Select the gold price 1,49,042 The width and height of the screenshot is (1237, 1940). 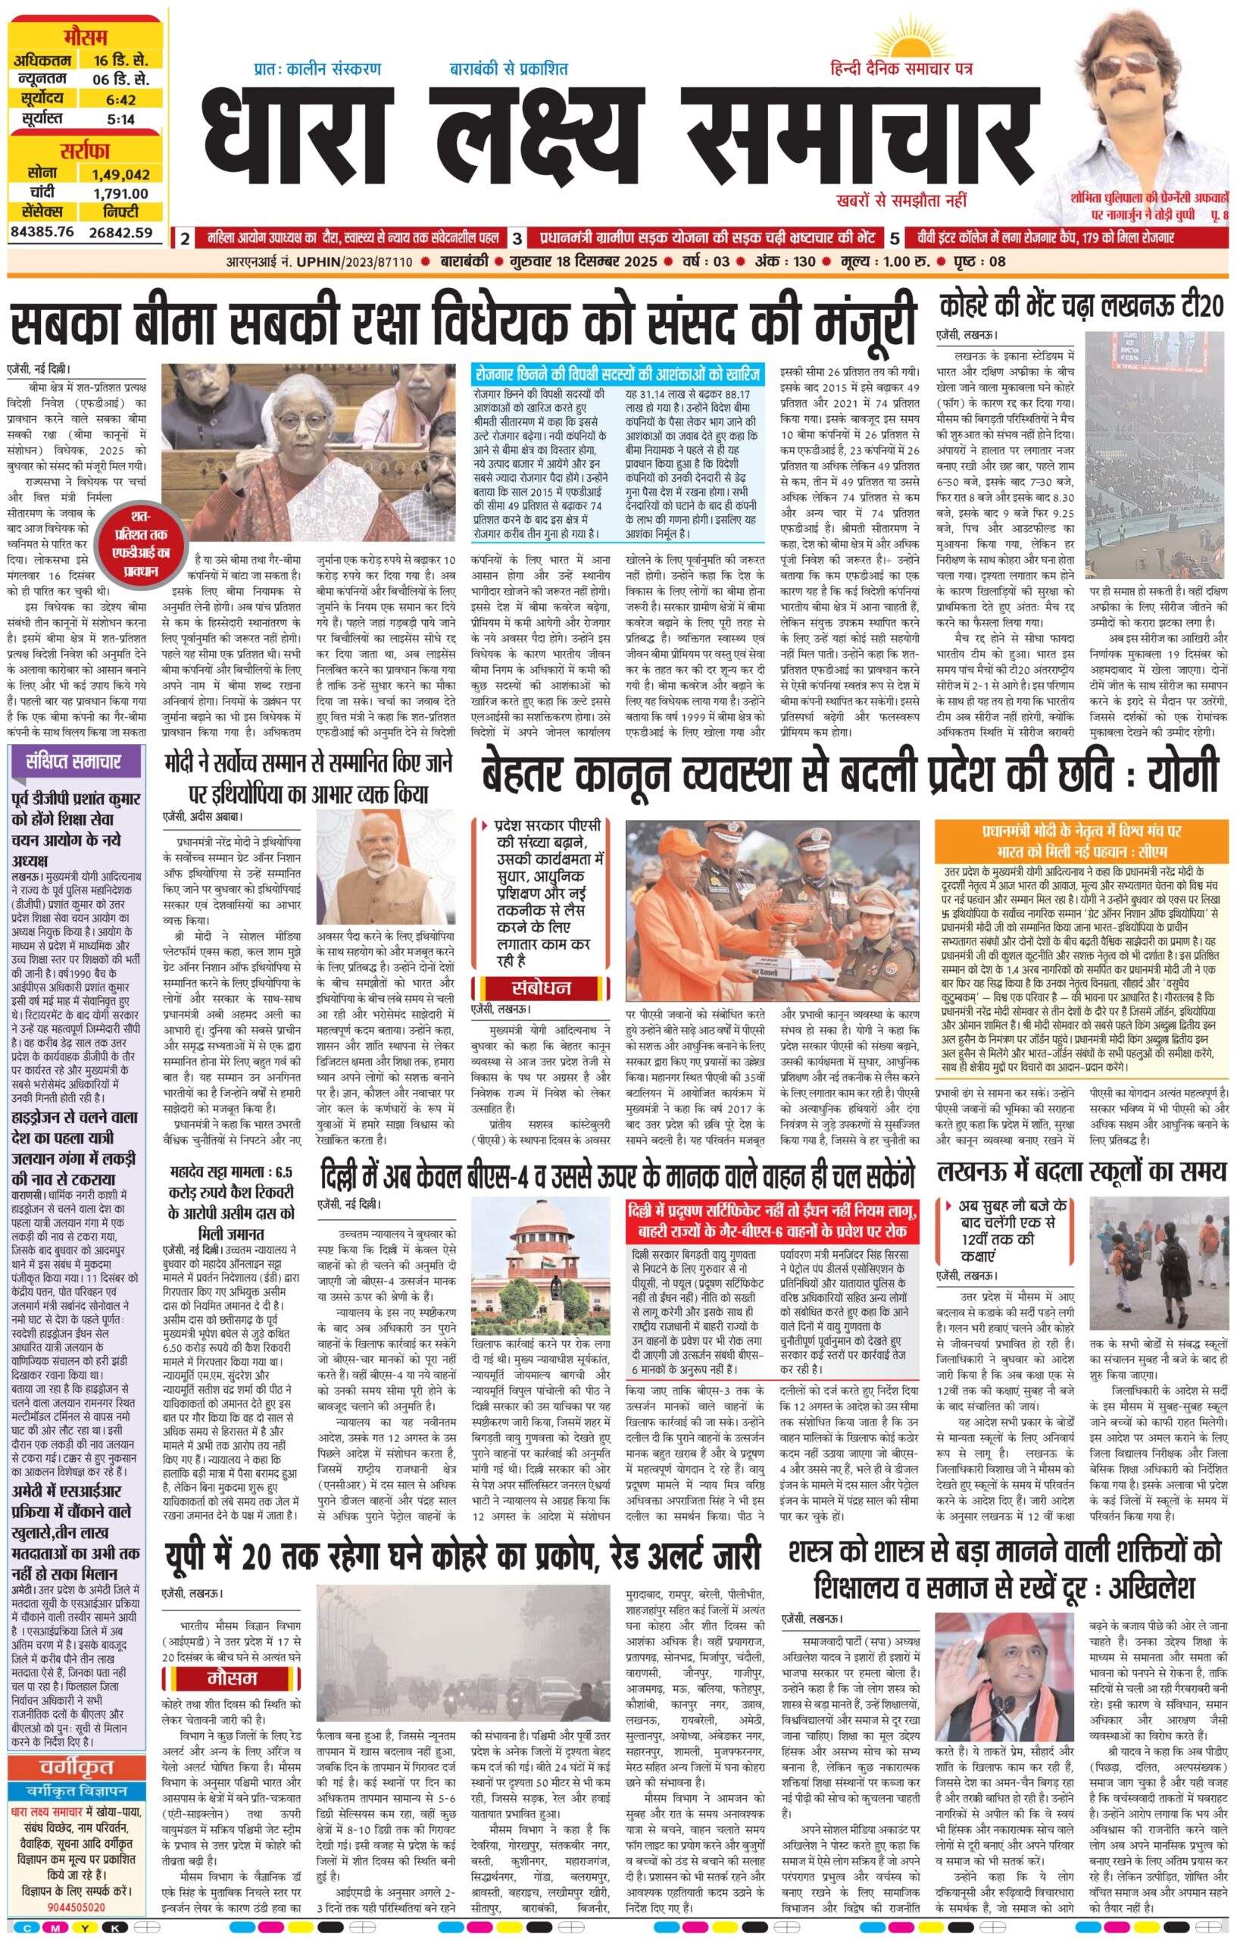[x=120, y=174]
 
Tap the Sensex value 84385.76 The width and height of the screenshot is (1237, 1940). [x=42, y=233]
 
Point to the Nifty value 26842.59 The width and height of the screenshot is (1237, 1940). [x=120, y=233]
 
